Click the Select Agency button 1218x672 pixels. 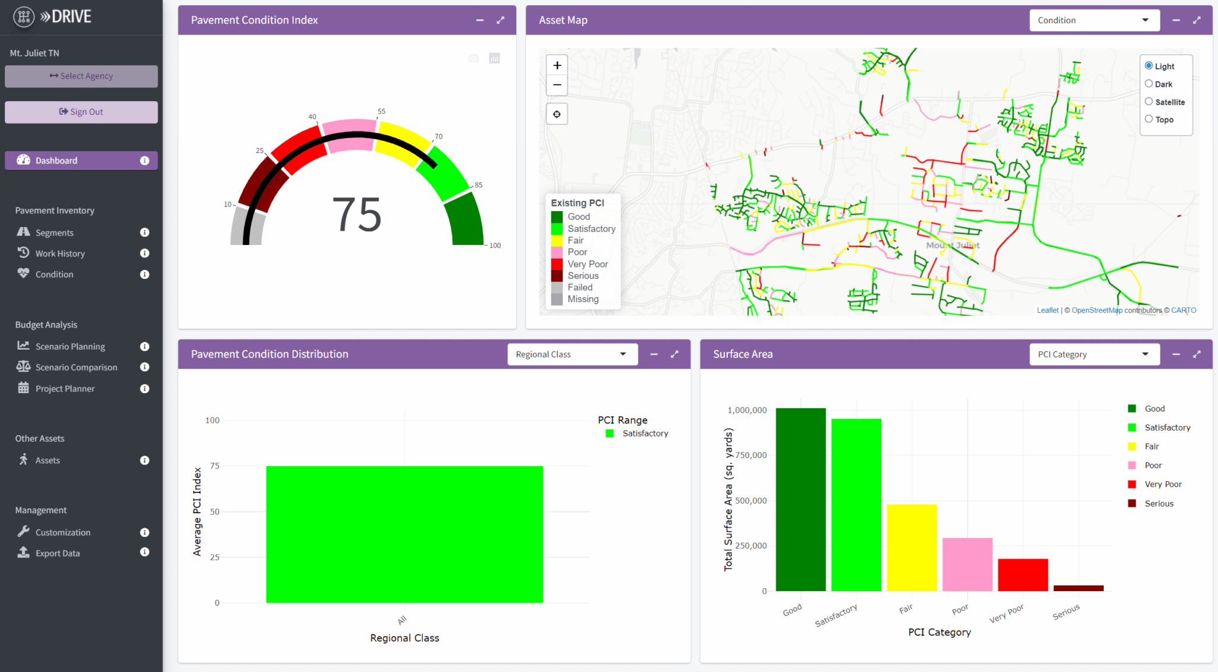tap(81, 76)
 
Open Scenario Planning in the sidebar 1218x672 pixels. tap(70, 347)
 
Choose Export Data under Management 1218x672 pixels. tap(57, 553)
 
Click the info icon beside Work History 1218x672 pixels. tap(145, 253)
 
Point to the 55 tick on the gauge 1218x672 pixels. tap(381, 112)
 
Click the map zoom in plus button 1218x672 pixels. tap(557, 65)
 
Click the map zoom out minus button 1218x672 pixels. tap(557, 85)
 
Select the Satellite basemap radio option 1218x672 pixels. tap(1149, 102)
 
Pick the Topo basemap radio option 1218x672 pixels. tap(1149, 119)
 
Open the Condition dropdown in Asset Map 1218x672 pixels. tap(1094, 20)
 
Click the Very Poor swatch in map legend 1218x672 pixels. tap(557, 264)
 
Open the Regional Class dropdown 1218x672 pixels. tap(572, 354)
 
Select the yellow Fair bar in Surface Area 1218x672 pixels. tap(912, 547)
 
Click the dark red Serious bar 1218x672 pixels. tap(1078, 588)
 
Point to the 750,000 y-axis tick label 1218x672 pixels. tap(751, 456)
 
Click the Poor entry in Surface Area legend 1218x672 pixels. tap(1153, 466)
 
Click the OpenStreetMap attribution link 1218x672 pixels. tap(1096, 310)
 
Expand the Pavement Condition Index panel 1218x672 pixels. tap(501, 20)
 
